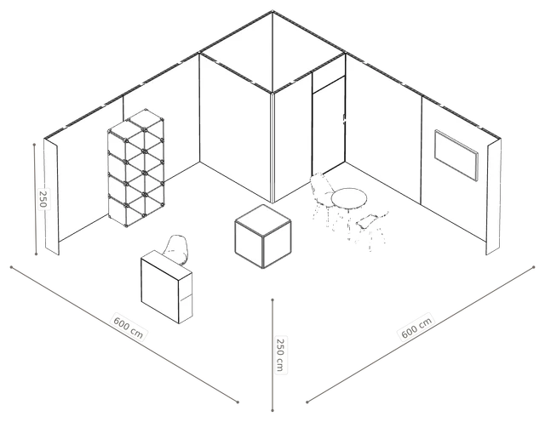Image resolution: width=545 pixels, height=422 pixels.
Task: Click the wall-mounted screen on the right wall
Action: (456, 156)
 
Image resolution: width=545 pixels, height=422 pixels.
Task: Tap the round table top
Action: (349, 199)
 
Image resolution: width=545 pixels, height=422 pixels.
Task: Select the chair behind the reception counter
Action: (177, 249)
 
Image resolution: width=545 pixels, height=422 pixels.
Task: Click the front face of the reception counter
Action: (160, 287)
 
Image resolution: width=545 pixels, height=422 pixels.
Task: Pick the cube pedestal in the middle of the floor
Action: (263, 237)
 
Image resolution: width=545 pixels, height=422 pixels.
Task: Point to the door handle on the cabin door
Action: (344, 119)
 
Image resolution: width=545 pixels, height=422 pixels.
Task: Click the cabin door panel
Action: (329, 126)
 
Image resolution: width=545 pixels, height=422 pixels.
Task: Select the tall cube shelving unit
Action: (136, 168)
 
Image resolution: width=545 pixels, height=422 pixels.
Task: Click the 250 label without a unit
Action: (43, 199)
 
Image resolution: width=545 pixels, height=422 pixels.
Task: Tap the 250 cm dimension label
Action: (280, 355)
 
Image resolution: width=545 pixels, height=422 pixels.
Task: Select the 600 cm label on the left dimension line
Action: (129, 326)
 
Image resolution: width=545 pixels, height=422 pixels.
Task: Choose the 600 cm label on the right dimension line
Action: (416, 327)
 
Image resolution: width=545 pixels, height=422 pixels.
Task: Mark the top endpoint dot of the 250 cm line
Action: (272, 299)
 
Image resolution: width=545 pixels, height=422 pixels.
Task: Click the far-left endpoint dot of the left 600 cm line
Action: (11, 267)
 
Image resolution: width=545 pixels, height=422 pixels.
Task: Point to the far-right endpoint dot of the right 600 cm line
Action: (534, 267)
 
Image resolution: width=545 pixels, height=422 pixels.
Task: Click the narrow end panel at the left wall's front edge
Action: (51, 197)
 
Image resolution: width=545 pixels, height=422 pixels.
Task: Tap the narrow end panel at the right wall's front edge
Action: (494, 197)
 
